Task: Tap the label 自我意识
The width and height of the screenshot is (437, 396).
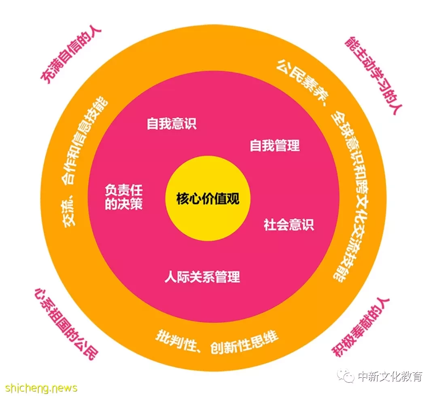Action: click(x=172, y=124)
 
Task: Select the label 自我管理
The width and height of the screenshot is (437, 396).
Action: click(x=275, y=146)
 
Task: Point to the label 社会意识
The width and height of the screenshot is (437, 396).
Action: click(x=289, y=225)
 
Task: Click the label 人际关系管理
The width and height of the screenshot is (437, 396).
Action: click(x=202, y=277)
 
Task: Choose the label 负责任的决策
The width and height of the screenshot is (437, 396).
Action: click(x=124, y=197)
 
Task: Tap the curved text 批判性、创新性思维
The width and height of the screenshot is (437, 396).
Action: click(x=216, y=342)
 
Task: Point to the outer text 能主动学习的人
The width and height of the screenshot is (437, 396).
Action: click(x=374, y=75)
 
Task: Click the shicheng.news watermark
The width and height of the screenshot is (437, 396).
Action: click(x=41, y=388)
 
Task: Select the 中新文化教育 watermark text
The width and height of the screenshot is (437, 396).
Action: click(x=390, y=376)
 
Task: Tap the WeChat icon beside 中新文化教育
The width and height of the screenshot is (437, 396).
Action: click(x=346, y=376)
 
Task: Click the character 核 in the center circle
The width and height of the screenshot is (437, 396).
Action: click(x=182, y=199)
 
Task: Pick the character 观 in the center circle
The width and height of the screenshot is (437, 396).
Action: click(x=233, y=199)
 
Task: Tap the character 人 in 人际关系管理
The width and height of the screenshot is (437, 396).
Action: click(x=171, y=277)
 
